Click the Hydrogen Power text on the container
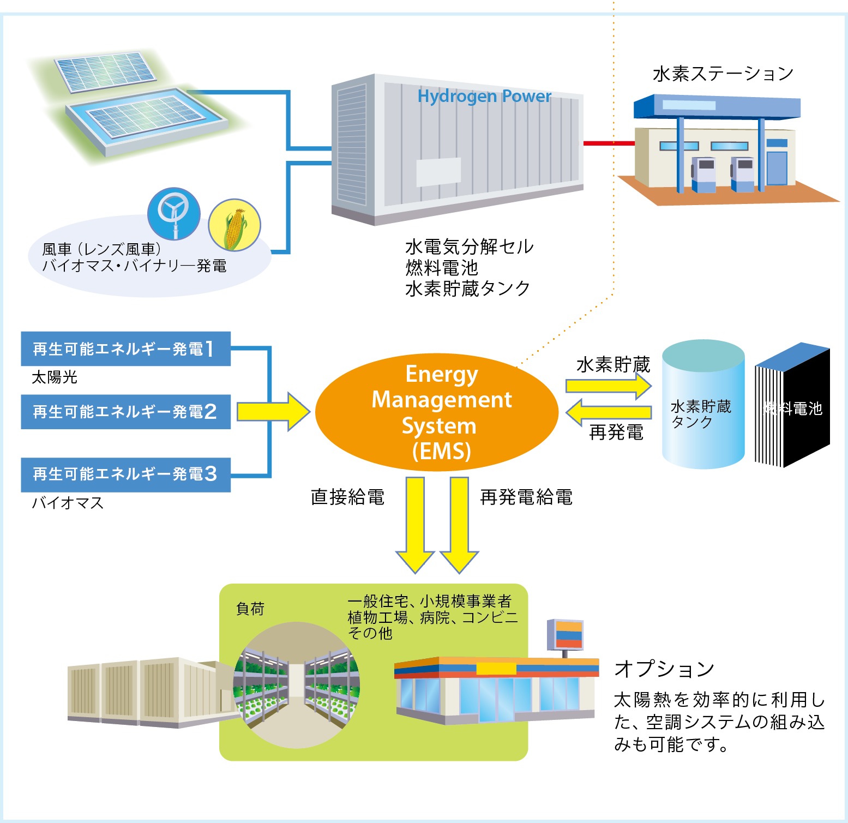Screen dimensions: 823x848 pos(484,97)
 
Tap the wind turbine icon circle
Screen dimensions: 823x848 pos(174,213)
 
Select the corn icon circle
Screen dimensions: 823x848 pos(234,225)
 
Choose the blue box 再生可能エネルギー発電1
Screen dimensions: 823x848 pos(125,349)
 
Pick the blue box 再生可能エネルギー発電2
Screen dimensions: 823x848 pos(125,412)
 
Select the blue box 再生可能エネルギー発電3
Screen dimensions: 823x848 pos(125,474)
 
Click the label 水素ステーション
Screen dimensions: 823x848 pos(723,74)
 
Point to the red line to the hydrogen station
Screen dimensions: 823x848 pos(609,143)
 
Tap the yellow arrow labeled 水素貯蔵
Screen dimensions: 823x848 pos(609,386)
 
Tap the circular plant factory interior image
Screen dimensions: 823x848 pos(297,685)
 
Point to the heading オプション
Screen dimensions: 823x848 pos(664,669)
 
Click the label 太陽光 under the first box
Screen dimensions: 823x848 pos(55,377)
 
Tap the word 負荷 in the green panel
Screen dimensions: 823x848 pos(250,609)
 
